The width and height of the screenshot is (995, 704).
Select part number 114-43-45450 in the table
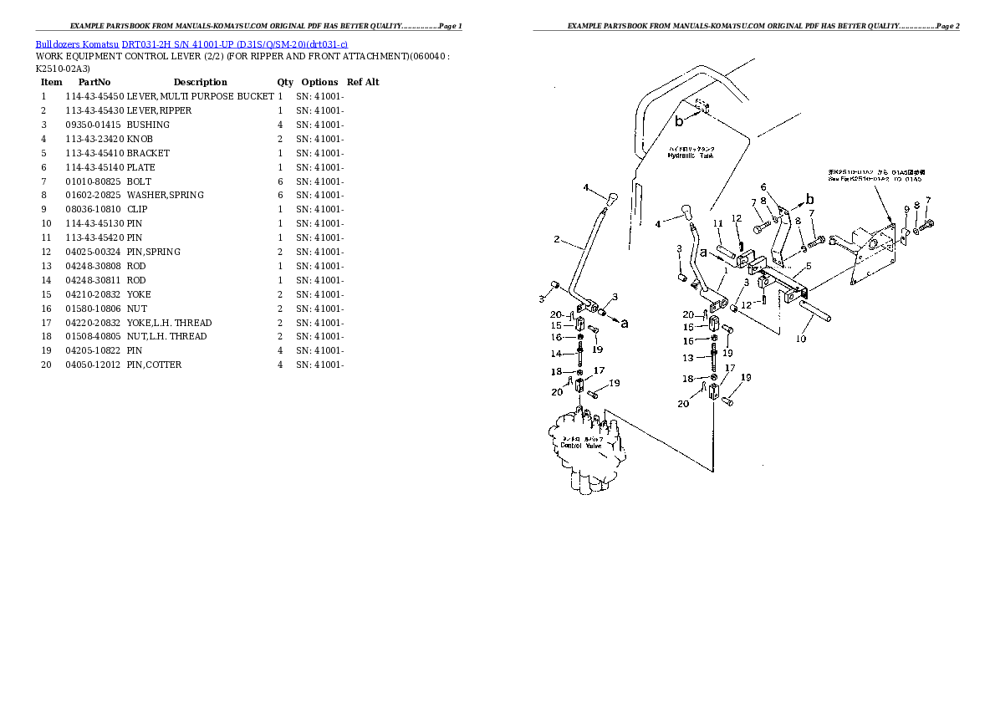pyautogui.click(x=94, y=96)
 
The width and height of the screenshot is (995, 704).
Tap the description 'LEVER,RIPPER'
pyautogui.click(x=159, y=110)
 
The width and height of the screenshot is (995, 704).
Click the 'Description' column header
pyautogui.click(x=200, y=82)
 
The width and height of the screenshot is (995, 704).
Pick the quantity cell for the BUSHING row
pyautogui.click(x=280, y=125)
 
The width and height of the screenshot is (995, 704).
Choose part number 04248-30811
pyautogui.click(x=94, y=280)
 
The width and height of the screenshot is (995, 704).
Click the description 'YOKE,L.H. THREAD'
pyautogui.click(x=169, y=323)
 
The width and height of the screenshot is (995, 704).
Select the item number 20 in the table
pyautogui.click(x=46, y=365)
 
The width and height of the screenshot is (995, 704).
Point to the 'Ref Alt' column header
pyautogui.click(x=363, y=82)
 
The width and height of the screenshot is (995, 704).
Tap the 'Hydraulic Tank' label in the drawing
pyautogui.click(x=691, y=155)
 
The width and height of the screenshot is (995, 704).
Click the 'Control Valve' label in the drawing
pyautogui.click(x=581, y=445)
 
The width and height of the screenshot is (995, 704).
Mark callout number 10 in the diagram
pyautogui.click(x=800, y=339)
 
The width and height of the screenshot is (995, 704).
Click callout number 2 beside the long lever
pyautogui.click(x=556, y=240)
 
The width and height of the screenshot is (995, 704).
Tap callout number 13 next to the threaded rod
pyautogui.click(x=687, y=357)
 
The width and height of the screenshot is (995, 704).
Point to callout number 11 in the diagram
pyautogui.click(x=717, y=223)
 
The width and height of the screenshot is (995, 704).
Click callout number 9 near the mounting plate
pyautogui.click(x=906, y=208)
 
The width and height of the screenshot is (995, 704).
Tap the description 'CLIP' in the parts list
pyautogui.click(x=138, y=209)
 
